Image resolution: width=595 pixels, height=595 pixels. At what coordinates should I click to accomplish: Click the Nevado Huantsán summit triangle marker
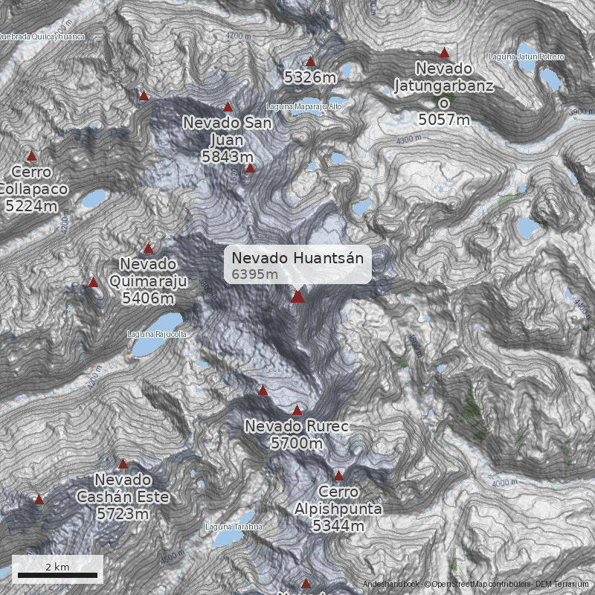297,297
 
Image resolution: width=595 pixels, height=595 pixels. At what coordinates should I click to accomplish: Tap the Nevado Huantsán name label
297,258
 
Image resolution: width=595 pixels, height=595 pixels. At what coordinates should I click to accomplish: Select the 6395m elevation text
254,274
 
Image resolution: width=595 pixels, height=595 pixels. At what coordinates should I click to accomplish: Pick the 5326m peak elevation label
311,77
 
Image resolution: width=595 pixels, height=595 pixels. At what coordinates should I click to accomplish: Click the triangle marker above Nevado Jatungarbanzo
444,53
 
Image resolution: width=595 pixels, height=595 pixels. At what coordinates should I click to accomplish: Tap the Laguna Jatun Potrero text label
527,57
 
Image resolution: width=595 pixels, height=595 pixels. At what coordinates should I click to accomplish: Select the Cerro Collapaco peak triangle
31,156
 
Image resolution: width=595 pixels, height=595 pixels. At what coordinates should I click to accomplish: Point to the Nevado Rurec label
297,435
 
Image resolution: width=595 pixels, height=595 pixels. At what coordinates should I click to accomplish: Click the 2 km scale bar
57,574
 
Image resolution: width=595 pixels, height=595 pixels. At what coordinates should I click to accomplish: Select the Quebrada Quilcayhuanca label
42,36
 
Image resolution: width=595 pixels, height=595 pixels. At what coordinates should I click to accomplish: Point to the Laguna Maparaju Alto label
304,106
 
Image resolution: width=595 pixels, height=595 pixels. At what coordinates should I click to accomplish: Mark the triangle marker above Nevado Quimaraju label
148,248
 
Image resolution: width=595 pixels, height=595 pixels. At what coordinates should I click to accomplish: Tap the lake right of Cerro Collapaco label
94,199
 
